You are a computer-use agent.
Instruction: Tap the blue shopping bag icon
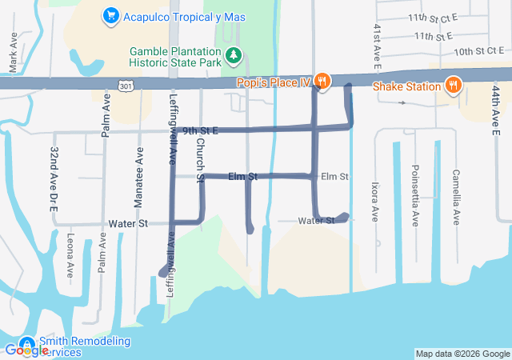pos(110,15)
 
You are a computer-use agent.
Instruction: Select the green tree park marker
pos(234,54)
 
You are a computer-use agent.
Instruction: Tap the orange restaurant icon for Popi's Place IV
pos(322,80)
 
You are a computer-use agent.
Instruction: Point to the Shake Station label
pos(408,86)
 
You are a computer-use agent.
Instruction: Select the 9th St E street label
pos(200,130)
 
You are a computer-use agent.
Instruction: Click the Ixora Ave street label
pos(374,201)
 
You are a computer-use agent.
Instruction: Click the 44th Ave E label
pos(496,105)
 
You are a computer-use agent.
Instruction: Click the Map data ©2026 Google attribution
pos(462,354)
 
